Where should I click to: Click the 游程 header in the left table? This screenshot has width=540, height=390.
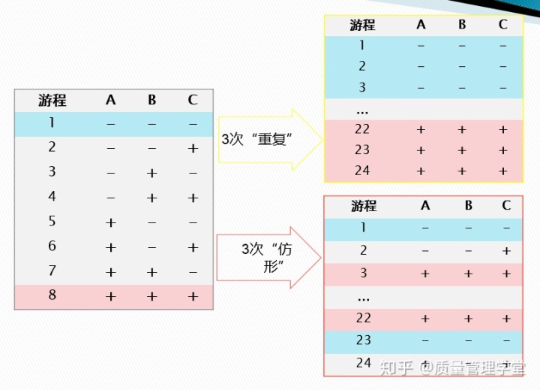[52, 100]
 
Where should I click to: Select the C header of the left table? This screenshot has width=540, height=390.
[193, 100]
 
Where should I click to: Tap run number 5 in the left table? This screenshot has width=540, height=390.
[52, 222]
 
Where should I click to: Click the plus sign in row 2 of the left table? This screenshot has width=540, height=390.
[193, 148]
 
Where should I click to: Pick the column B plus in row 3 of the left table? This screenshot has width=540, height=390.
[151, 173]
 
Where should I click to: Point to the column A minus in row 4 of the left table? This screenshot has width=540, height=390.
[111, 198]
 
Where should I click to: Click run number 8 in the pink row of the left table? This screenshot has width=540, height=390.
[52, 295]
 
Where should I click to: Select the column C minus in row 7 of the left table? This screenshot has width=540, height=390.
[193, 271]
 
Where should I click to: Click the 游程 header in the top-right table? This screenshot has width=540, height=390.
[362, 25]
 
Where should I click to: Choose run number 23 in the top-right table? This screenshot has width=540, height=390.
[362, 150]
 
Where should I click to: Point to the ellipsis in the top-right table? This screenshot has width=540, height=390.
[363, 110]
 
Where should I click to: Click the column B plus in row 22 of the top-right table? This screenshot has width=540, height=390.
[462, 130]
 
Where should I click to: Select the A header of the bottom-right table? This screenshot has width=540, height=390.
[425, 206]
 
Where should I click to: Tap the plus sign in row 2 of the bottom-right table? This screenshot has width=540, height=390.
[506, 251]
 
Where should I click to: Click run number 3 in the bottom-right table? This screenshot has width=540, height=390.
[364, 273]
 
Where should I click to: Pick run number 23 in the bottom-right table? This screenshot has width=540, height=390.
[364, 340]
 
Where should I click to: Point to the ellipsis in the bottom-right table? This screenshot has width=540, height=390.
[364, 298]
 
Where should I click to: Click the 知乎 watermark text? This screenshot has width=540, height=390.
[397, 367]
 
